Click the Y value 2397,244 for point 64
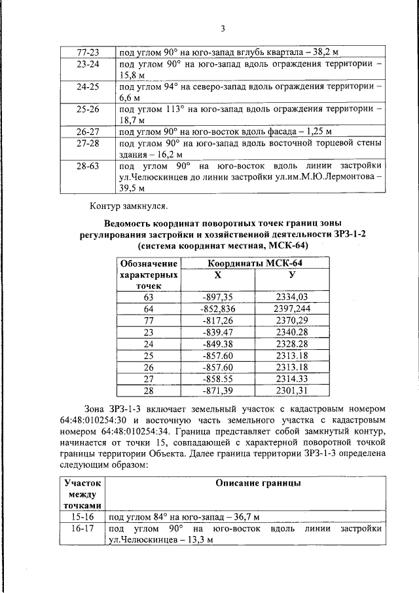[x=292, y=308]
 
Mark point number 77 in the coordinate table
[x=148, y=320]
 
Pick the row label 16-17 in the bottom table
[x=82, y=528]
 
